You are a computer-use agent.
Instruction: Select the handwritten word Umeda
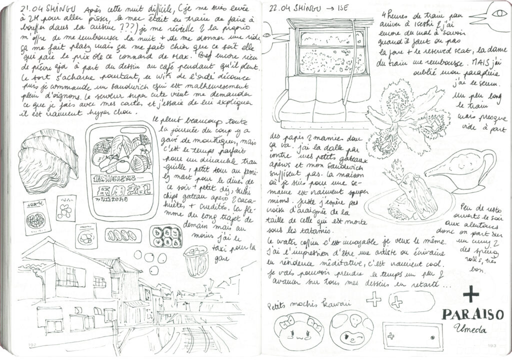(471, 329)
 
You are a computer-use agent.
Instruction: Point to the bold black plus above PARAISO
(470, 294)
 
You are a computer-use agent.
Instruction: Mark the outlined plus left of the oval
(373, 299)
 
